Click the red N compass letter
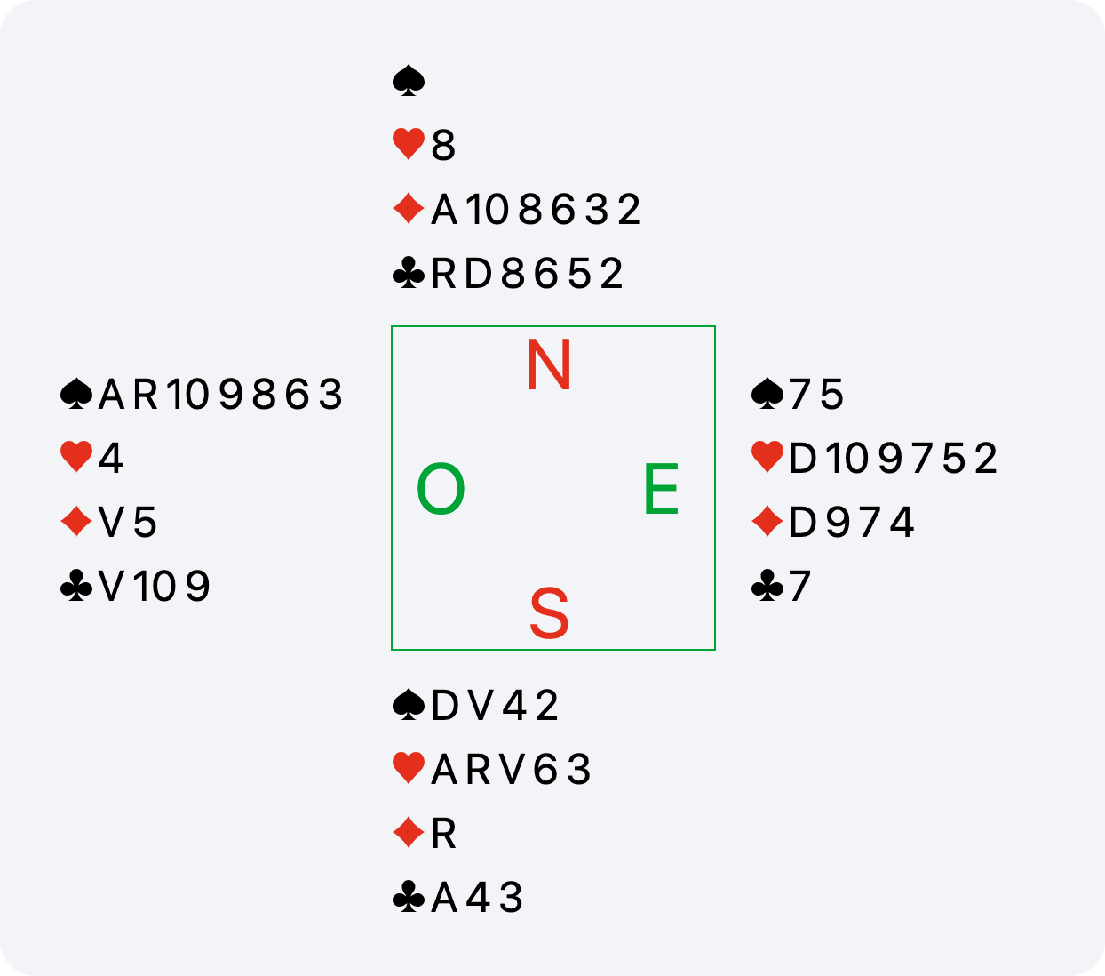click(x=549, y=364)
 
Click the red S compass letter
click(x=549, y=613)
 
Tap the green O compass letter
click(x=441, y=488)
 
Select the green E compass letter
click(x=661, y=488)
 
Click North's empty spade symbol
click(x=409, y=81)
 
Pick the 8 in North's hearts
click(x=443, y=145)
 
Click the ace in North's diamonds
click(x=444, y=209)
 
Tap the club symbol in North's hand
click(x=409, y=273)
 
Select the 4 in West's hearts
click(x=111, y=458)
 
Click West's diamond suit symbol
click(x=76, y=521)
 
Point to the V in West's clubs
click(x=112, y=586)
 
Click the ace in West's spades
click(x=112, y=394)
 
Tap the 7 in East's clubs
click(x=799, y=586)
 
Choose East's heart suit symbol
click(x=767, y=458)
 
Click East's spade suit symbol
click(x=767, y=394)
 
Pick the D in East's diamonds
click(x=803, y=522)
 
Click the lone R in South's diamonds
click(x=443, y=834)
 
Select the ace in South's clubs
click(x=444, y=898)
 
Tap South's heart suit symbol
click(x=409, y=769)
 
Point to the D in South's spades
click(x=445, y=706)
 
